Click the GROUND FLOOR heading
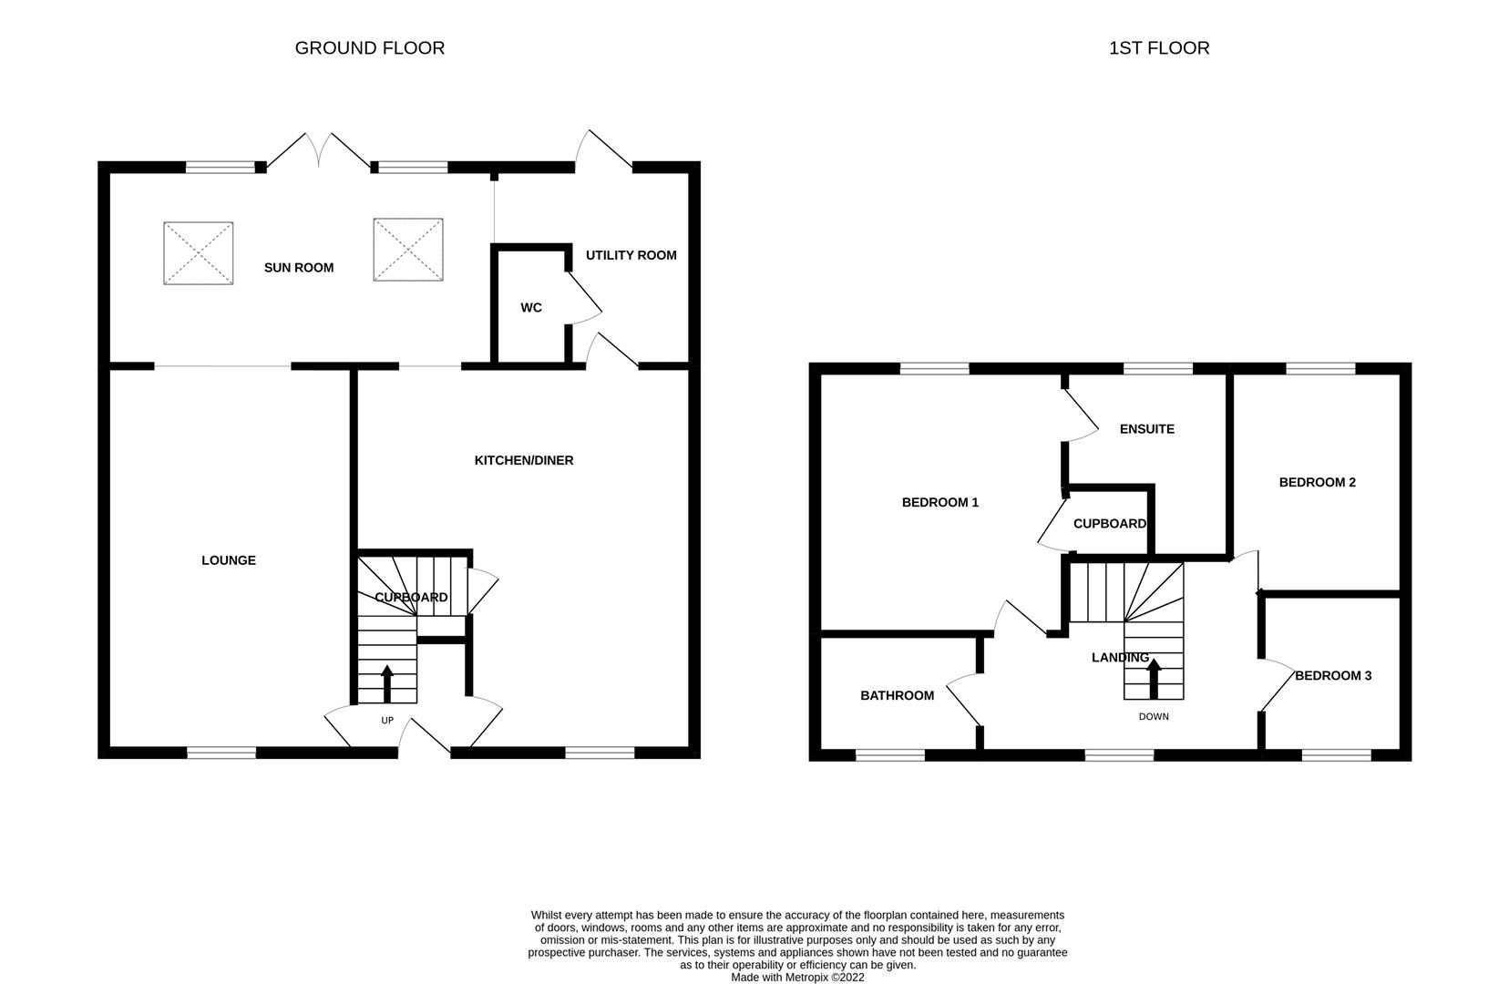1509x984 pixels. (369, 48)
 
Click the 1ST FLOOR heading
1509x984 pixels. (1158, 48)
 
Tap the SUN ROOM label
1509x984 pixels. (299, 268)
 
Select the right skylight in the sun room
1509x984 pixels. (408, 250)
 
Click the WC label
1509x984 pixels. (531, 308)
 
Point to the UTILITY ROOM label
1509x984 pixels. (631, 255)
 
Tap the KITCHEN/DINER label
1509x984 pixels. (524, 461)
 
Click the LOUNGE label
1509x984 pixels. (229, 560)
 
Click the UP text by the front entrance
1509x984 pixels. (387, 721)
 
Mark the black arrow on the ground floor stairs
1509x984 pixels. (387, 683)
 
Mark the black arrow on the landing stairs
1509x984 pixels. (1153, 677)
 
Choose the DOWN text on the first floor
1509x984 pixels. (1154, 717)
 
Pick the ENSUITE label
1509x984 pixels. (1146, 429)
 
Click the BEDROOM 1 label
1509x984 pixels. (939, 503)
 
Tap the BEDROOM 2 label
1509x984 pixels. (1317, 483)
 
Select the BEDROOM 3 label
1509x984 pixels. (1332, 676)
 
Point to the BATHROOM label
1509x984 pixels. (897, 696)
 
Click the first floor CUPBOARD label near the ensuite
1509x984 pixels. (1109, 524)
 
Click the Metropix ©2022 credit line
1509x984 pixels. (797, 978)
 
